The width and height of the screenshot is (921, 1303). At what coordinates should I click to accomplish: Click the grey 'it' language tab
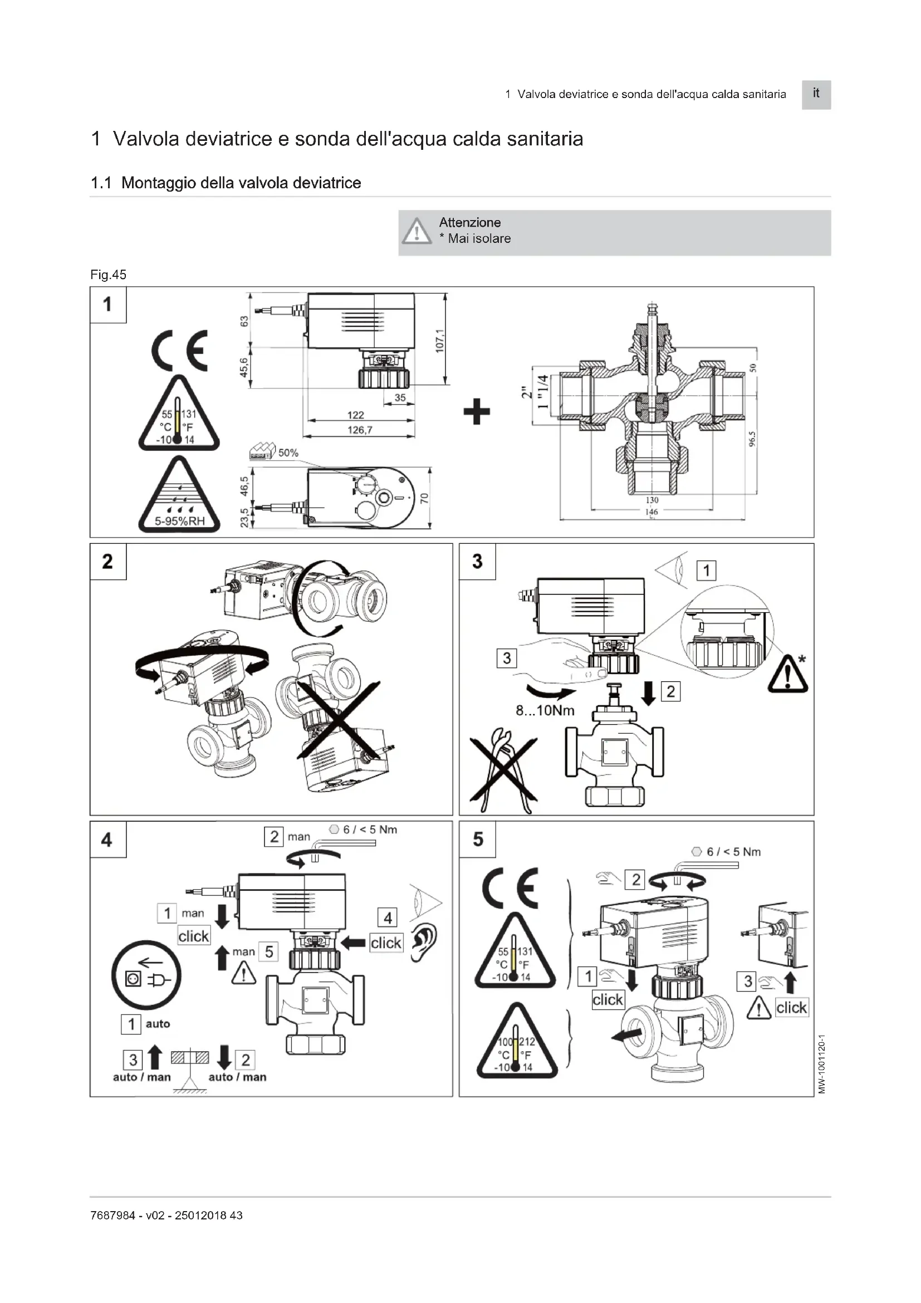coord(816,94)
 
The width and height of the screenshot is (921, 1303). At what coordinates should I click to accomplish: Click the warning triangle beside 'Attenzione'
coord(417,232)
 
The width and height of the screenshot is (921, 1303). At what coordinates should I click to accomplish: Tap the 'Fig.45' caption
coord(109,275)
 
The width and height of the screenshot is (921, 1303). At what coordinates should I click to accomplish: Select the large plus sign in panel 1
coord(477,412)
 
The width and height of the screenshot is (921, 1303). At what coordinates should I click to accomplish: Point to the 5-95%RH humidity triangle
coord(179,496)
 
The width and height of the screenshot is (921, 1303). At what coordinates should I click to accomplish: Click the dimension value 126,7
coord(360,430)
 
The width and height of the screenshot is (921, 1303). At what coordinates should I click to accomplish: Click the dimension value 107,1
coord(440,340)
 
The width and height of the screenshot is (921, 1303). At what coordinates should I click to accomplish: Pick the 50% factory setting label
coord(287,453)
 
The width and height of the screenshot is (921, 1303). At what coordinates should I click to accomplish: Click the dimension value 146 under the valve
coord(651,512)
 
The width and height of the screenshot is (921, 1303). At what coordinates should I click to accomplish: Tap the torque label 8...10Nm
coord(545,710)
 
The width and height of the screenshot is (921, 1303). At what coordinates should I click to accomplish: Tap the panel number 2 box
coord(108,562)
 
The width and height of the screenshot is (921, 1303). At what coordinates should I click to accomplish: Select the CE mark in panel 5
coord(510,888)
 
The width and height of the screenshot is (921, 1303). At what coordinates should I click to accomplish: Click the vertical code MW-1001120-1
coord(822,1063)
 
